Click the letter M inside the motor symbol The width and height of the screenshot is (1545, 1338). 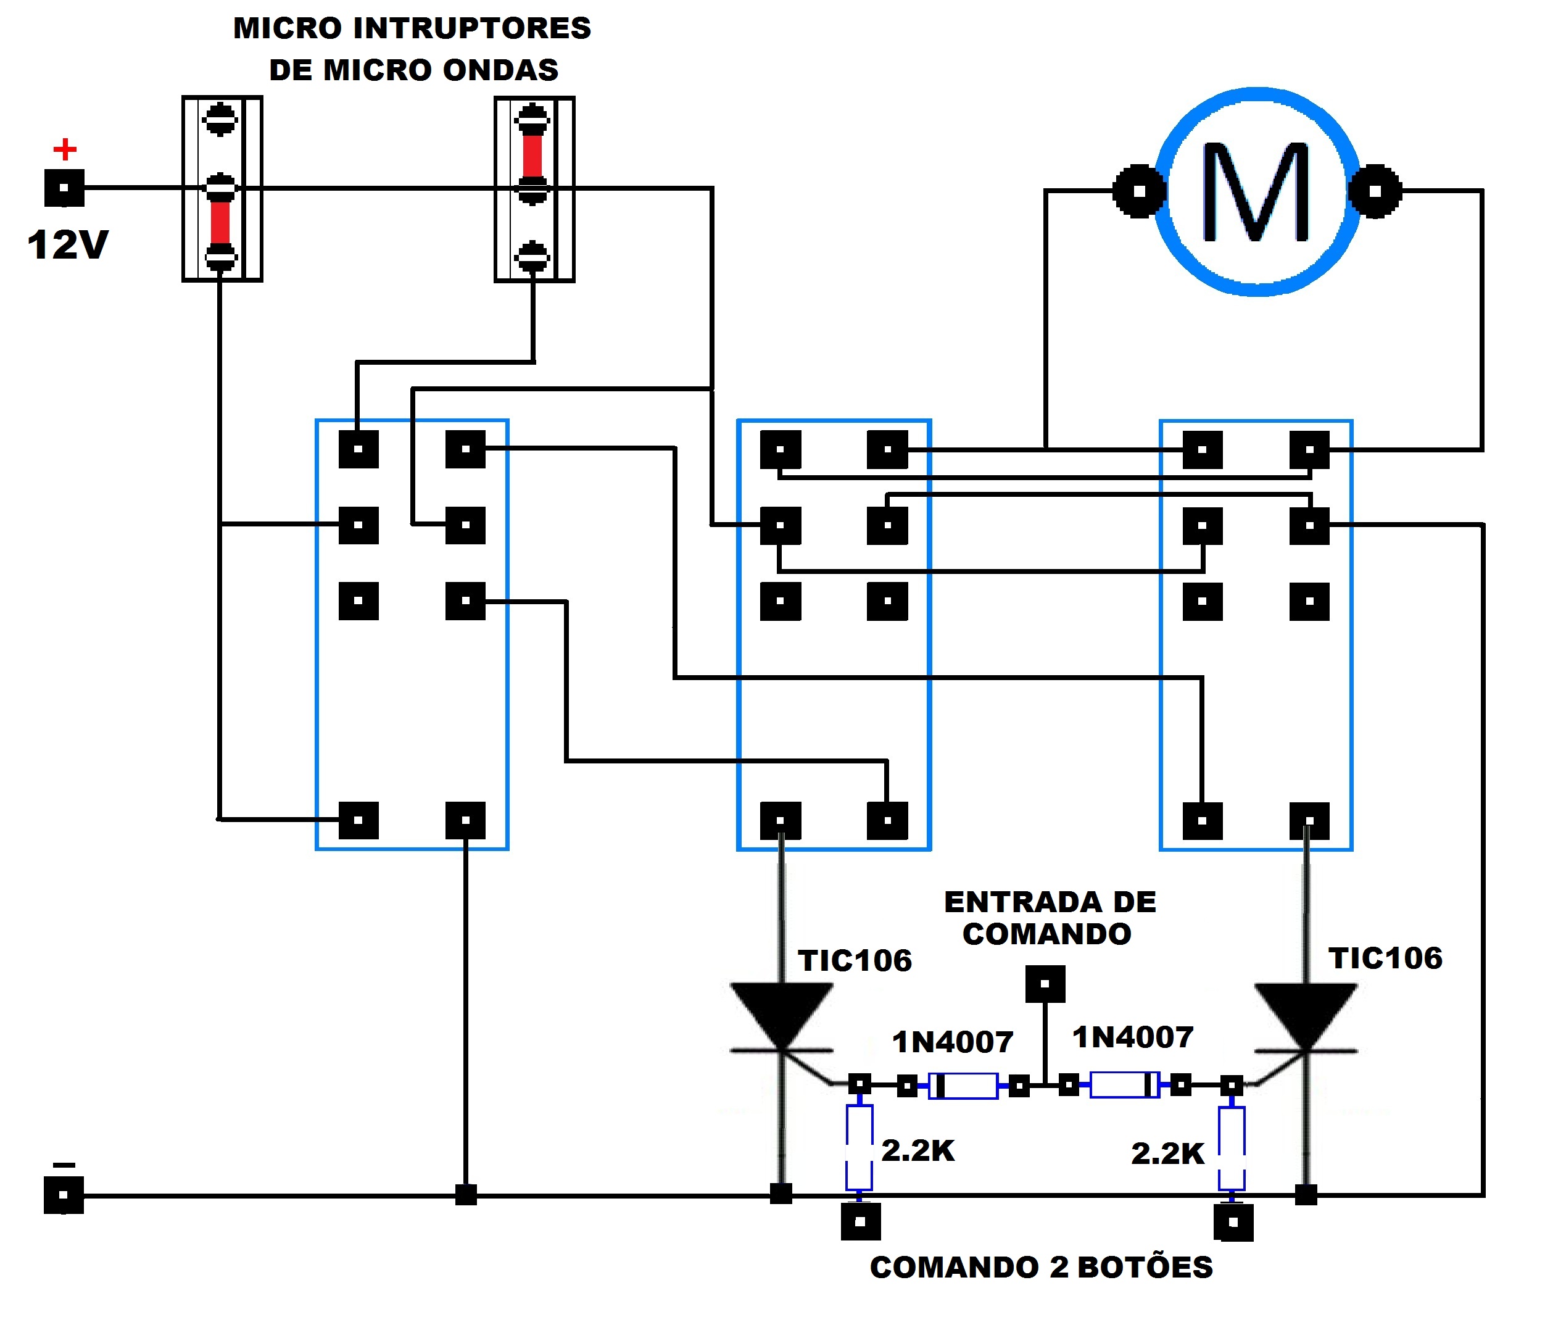[1256, 192]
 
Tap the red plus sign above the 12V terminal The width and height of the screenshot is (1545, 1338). [65, 149]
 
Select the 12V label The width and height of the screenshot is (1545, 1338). [68, 245]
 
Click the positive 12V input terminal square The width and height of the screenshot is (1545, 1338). [64, 188]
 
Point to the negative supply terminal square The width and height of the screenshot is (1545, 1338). [64, 1195]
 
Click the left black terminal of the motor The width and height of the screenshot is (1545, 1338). [1139, 191]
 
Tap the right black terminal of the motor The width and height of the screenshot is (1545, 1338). [1375, 191]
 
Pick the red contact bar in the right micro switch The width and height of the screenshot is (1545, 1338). [532, 156]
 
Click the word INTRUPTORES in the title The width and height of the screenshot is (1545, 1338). [472, 28]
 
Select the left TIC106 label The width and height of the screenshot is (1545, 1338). [855, 961]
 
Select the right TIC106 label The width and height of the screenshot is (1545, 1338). [1385, 958]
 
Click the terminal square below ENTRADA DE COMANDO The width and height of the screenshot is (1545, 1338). [1045, 984]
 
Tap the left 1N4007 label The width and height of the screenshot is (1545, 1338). [953, 1042]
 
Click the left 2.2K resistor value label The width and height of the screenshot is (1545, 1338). [918, 1150]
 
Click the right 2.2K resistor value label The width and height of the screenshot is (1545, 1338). [1167, 1153]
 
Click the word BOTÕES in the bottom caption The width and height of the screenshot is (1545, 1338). [1145, 1268]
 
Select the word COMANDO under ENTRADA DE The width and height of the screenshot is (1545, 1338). [1046, 934]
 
